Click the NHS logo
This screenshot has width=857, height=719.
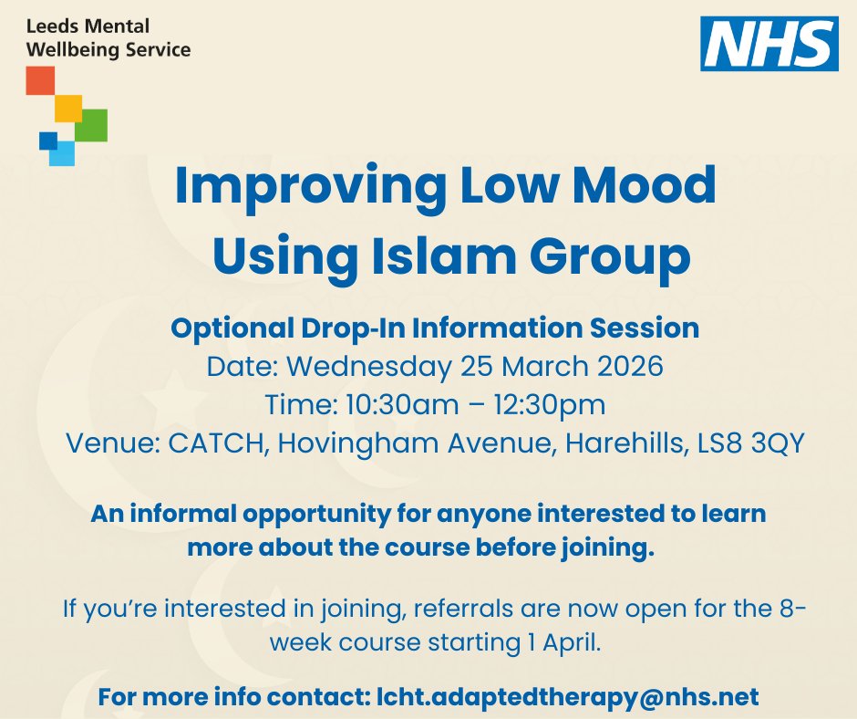pos(769,44)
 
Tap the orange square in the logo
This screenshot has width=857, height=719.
pos(40,80)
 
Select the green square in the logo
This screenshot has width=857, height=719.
pos(91,125)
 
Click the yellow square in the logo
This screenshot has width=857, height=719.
pos(68,108)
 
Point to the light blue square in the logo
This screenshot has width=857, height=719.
pos(62,153)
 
